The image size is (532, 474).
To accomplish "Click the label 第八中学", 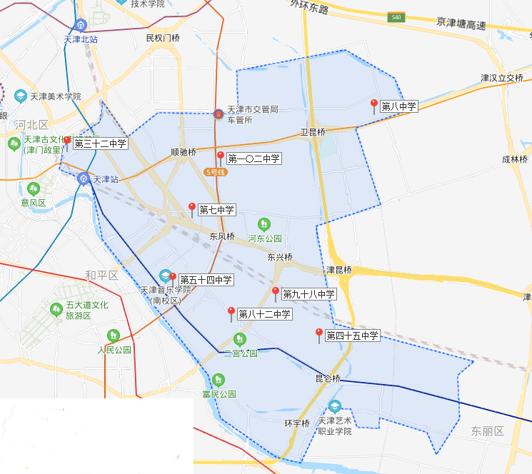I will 398,106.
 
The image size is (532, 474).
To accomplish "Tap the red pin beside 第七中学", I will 191,208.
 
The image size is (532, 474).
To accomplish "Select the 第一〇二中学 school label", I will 254,158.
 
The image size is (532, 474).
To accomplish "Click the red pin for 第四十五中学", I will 319,334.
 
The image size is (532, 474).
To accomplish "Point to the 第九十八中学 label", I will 308,293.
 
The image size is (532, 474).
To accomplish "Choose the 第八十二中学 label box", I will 264,314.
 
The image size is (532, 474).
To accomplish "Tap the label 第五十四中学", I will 206,280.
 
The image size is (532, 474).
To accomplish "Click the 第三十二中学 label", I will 100,143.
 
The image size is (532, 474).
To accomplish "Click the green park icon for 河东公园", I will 264,224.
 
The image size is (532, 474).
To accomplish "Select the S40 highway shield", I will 395,16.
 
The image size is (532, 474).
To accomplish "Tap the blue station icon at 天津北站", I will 80,25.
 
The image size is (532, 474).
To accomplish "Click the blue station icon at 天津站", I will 84,178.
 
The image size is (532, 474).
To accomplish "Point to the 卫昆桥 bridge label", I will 312,132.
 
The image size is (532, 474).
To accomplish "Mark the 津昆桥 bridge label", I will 338,270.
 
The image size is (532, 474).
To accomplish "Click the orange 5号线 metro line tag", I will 214,172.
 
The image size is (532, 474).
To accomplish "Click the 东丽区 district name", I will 487,431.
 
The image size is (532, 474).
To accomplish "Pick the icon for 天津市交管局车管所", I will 219,114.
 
